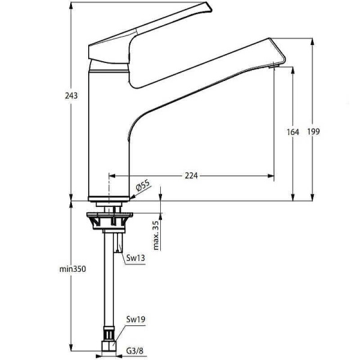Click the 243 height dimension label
71,96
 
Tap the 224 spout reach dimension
191,175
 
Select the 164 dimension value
293,132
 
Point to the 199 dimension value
313,132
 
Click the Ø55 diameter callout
142,187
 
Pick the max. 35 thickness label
156,235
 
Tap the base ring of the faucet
109,197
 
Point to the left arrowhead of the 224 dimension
111,176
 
